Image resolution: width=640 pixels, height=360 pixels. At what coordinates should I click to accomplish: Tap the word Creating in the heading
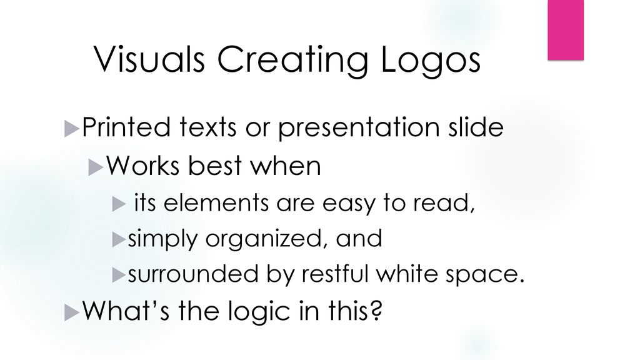(x=292, y=61)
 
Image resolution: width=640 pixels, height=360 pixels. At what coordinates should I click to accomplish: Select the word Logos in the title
(x=431, y=61)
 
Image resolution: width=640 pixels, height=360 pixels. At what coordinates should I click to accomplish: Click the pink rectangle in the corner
(x=565, y=30)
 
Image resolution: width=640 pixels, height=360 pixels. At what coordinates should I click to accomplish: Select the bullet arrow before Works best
(x=96, y=167)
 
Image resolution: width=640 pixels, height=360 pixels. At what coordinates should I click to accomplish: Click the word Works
(x=143, y=166)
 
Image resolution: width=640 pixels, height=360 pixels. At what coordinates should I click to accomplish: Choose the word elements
(x=216, y=203)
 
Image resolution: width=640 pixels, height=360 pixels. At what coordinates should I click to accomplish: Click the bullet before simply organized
(x=118, y=239)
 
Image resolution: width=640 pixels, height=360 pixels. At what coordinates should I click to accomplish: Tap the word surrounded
(x=193, y=274)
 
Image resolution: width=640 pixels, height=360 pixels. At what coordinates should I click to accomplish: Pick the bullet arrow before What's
(x=71, y=312)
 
